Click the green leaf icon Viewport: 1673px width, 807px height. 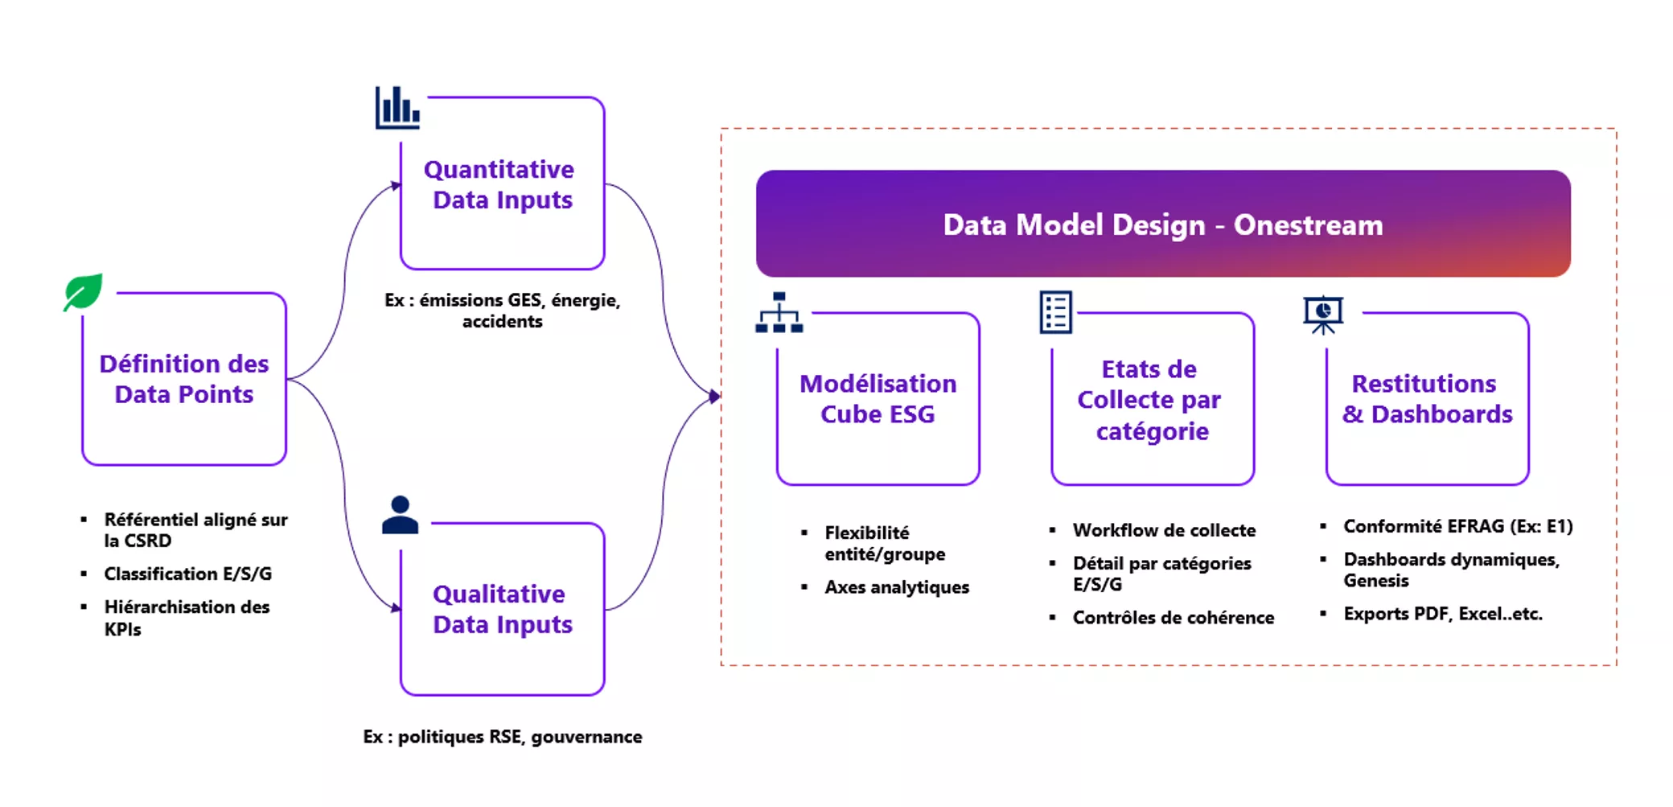(x=84, y=291)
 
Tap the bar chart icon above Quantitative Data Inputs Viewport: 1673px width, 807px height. (x=397, y=108)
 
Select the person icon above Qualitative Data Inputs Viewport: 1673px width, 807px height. (x=400, y=515)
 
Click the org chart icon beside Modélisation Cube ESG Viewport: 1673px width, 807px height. (x=779, y=313)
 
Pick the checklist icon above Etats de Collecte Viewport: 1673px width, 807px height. (x=1055, y=312)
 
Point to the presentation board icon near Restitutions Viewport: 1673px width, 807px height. (x=1323, y=315)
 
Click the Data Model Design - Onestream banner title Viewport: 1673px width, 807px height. (x=1162, y=225)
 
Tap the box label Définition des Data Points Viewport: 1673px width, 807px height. (x=184, y=379)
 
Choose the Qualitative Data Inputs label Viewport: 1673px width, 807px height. (x=502, y=609)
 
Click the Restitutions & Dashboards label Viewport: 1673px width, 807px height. (x=1427, y=399)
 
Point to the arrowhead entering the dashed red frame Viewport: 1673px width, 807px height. (x=714, y=396)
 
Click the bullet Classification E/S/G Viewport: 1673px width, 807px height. (x=187, y=574)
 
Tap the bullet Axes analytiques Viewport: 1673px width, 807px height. (x=897, y=587)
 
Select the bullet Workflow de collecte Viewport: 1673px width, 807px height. (x=1164, y=530)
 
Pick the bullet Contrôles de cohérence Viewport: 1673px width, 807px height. (x=1173, y=618)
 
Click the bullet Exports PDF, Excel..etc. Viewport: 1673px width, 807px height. (x=1442, y=614)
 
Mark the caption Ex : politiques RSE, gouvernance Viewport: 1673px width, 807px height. (x=502, y=737)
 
